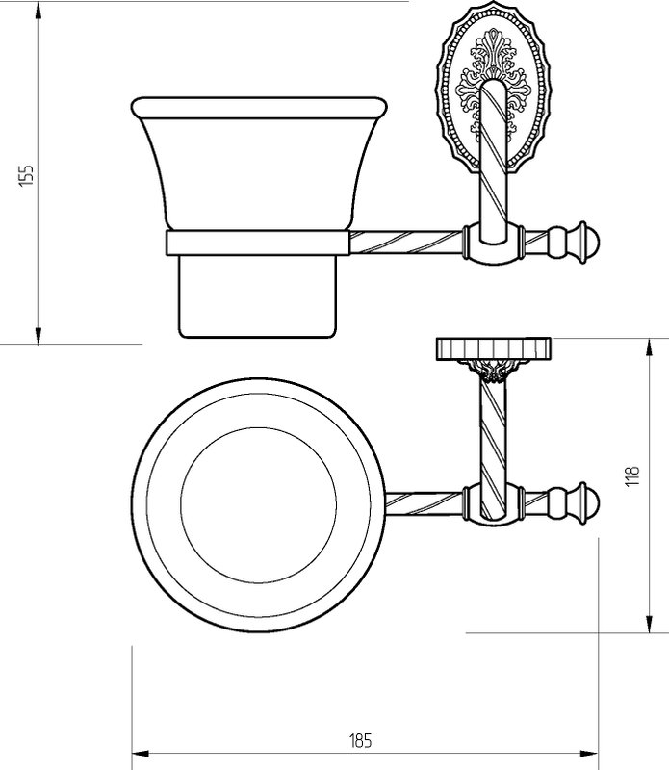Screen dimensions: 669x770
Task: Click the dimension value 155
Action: pos(27,175)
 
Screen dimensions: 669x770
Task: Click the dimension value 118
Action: pos(631,475)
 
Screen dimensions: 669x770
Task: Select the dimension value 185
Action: pos(361,740)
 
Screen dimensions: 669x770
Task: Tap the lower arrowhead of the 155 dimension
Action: pos(38,334)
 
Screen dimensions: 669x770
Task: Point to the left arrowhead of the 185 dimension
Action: pos(141,754)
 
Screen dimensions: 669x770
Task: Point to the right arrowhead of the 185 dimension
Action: pos(589,754)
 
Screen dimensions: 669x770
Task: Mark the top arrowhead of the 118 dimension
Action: pos(650,348)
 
